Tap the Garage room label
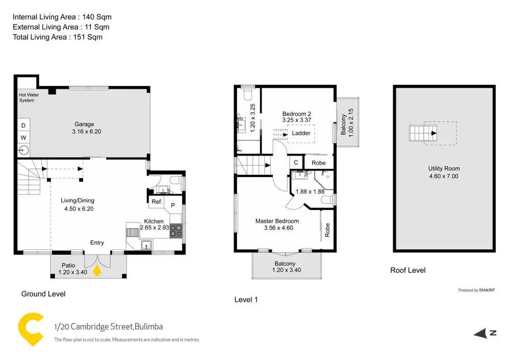point(84,124)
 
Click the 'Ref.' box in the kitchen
point(157,202)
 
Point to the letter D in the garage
point(23,125)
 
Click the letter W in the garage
point(23,138)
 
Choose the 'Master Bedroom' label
point(277,221)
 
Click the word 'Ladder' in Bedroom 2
point(301,133)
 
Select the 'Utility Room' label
point(444,168)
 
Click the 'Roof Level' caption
point(407,270)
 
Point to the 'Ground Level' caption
point(43,294)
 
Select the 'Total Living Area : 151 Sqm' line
point(58,37)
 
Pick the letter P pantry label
point(173,204)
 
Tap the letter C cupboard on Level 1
point(296,163)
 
